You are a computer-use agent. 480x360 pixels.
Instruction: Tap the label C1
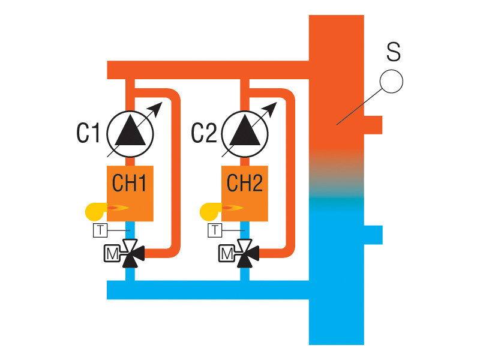click(x=88, y=133)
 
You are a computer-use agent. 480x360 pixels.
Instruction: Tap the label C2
click(x=203, y=133)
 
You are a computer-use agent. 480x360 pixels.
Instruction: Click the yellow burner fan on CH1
click(x=95, y=211)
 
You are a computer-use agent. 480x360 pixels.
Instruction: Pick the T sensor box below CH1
click(x=100, y=230)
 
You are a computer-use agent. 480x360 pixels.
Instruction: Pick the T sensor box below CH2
click(x=214, y=230)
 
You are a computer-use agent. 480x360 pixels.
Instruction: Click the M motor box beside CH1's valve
click(x=112, y=254)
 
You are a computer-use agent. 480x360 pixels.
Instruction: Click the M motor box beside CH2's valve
click(x=226, y=254)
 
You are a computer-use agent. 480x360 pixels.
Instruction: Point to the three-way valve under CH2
click(x=245, y=254)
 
